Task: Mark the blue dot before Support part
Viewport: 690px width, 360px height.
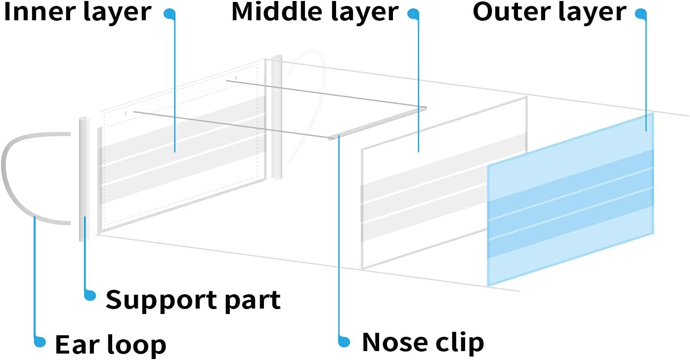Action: pos(90,296)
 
